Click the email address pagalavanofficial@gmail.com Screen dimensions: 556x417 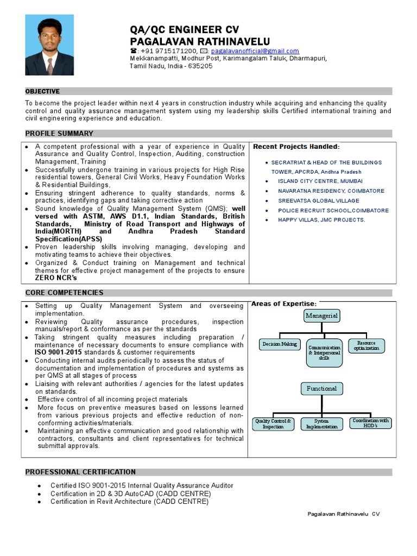[255, 51]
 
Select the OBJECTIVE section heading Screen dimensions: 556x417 [42, 91]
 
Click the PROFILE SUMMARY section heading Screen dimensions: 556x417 [59, 134]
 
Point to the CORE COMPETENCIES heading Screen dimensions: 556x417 [64, 293]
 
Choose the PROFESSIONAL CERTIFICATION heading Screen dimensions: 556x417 [80, 472]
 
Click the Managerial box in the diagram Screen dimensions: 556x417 [321, 316]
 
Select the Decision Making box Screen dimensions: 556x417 [280, 344]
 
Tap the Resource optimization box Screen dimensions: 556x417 [367, 345]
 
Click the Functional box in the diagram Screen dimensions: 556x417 [321, 389]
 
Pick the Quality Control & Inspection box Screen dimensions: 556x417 [273, 424]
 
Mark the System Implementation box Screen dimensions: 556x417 [321, 424]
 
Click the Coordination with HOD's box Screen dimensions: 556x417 [371, 423]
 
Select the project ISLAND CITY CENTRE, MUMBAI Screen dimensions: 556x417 [320, 181]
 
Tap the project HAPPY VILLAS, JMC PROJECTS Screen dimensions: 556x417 [321, 220]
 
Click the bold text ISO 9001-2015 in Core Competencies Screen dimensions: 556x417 [58, 352]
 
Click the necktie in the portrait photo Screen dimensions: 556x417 [50, 64]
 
